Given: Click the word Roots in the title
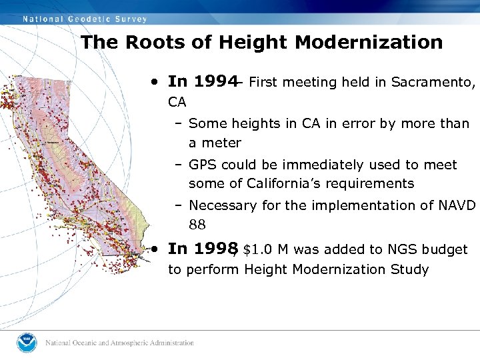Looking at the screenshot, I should (x=149, y=43).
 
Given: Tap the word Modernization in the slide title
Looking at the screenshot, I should (x=369, y=43).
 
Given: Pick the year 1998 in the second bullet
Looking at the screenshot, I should (x=214, y=249).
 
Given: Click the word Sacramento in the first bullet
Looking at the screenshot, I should (x=432, y=83).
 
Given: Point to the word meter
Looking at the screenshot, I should (x=221, y=143).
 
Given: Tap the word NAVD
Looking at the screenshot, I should (x=459, y=205).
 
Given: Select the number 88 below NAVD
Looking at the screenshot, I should (x=197, y=225).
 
